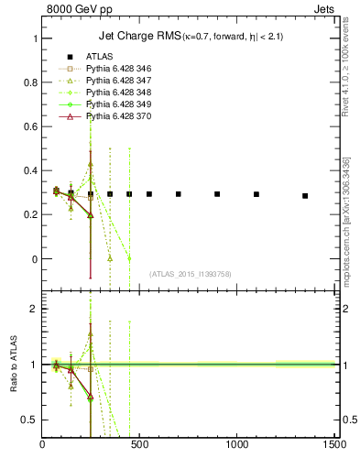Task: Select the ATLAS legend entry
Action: coord(98,57)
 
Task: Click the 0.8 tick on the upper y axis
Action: coord(31,83)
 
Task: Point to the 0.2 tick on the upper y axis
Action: coord(31,215)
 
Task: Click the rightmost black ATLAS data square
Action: coord(305,196)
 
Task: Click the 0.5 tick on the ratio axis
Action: coord(31,420)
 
